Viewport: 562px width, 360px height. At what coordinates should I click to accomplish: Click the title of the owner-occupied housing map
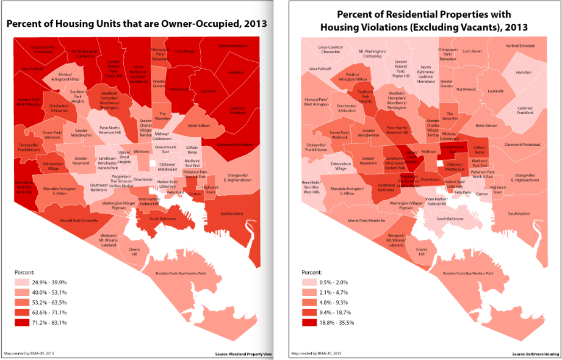coord(140,24)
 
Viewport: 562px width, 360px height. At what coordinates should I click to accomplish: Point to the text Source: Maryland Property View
coord(244,354)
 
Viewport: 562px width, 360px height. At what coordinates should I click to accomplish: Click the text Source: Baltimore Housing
coord(535,354)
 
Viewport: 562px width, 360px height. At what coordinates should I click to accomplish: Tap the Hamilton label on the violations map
coord(524,72)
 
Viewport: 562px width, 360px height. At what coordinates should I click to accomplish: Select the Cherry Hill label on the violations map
coord(420,250)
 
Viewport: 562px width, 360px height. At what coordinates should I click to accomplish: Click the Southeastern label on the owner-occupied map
coord(232,214)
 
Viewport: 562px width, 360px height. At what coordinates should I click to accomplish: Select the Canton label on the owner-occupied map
coord(195,194)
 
